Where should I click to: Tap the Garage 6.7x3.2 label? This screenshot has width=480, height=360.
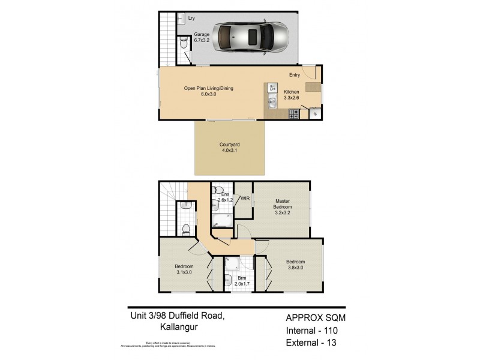pos(202,38)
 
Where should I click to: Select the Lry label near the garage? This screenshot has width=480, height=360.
pos(191,19)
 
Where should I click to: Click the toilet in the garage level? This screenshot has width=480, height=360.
pos(184,42)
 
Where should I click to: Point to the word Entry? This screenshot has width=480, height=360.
pos(295,75)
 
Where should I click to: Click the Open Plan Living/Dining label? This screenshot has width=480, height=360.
pos(208,91)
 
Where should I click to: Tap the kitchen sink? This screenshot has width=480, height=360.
pos(272,103)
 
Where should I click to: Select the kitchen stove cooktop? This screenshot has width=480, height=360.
pos(293,113)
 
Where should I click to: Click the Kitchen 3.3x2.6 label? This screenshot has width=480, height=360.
pos(292,95)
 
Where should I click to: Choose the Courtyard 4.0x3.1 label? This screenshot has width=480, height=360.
pos(229,148)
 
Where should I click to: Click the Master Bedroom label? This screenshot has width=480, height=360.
pos(282,206)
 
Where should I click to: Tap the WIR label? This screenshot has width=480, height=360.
pos(244,198)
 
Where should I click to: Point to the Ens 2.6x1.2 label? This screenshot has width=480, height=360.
pos(226,197)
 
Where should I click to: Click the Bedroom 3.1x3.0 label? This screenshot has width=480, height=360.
pos(184,269)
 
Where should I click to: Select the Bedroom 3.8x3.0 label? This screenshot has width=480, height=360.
pos(295,265)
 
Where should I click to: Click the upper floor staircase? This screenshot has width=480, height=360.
pos(168,210)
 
